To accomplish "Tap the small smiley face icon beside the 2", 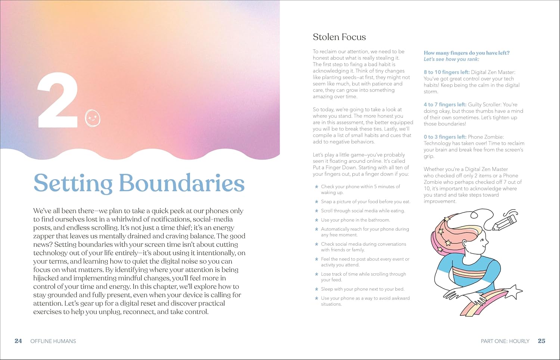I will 93,118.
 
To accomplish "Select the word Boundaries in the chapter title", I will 181,183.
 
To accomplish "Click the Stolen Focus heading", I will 339,37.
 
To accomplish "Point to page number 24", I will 18,341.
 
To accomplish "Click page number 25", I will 541,341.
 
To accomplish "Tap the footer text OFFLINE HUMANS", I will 53,341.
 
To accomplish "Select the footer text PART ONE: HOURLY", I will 505,341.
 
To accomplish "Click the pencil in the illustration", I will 505,221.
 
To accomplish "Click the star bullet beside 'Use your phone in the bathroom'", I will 317,220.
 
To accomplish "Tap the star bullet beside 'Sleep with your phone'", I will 317,289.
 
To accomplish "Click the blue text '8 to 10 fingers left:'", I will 447,72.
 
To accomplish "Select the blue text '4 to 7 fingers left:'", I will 445,105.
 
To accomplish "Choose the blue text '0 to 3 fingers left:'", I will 445,137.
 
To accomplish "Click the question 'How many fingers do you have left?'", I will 466,53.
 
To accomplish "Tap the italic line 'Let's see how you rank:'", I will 451,59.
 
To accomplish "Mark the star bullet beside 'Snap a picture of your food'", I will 317,202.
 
